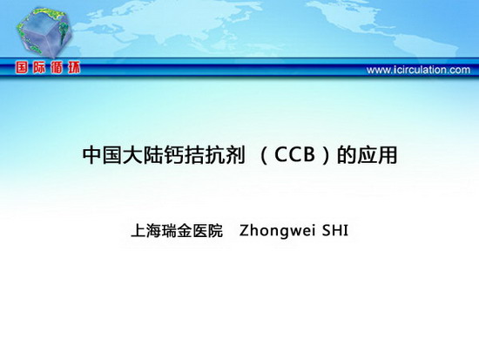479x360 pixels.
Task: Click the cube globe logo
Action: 44,31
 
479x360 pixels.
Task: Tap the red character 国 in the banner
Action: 22,68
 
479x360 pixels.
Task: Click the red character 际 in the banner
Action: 39,68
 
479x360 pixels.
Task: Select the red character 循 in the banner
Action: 57,68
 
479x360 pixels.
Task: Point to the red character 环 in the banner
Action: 74,68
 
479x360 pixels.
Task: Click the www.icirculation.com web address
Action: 418,70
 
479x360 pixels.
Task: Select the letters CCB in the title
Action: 294,155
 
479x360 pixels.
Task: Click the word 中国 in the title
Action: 103,155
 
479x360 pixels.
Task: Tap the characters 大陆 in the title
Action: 143,155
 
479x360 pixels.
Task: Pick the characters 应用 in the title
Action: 377,155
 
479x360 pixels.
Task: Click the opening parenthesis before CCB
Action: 265,155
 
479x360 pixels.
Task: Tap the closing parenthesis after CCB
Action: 326,155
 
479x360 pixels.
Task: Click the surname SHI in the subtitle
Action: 335,231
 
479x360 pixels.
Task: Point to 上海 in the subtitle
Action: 146,231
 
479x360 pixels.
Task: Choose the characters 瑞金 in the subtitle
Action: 177,231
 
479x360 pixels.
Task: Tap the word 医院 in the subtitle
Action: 208,231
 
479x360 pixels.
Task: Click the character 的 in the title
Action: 347,155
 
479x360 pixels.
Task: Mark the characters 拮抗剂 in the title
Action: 214,155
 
